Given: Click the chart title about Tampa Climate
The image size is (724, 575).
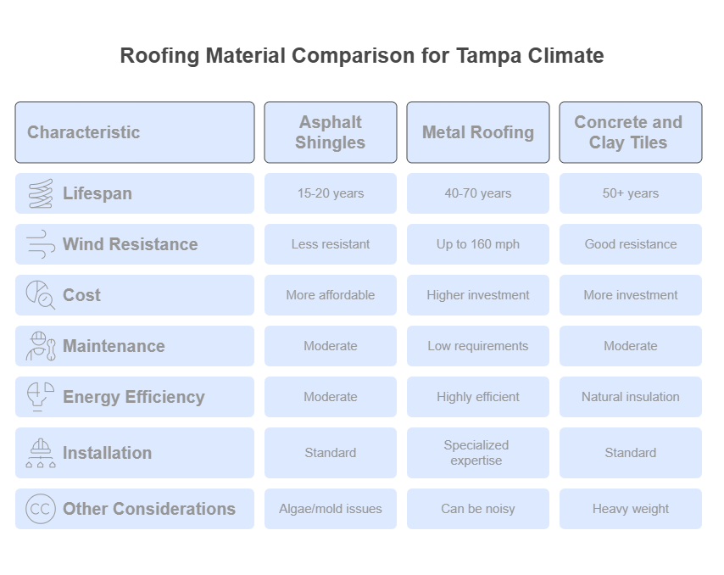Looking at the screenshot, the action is (362, 56).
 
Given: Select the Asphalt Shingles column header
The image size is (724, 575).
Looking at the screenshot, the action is (331, 132).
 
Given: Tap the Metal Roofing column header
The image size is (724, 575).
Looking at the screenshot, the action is (478, 132).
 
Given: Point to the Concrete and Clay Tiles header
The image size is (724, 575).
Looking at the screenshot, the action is (631, 132).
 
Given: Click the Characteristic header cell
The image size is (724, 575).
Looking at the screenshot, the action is (135, 132).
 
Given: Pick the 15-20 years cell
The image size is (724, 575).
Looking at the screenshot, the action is (331, 193).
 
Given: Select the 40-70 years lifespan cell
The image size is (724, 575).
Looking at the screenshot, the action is (478, 193).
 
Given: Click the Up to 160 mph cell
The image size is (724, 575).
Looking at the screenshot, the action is (478, 244).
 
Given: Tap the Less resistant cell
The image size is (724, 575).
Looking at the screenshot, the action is (331, 244).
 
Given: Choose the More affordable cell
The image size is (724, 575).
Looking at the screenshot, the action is (331, 295).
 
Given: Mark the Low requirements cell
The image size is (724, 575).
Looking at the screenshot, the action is (478, 346).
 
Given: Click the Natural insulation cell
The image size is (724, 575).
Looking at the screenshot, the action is (631, 397).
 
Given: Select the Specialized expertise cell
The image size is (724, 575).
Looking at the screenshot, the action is (478, 453).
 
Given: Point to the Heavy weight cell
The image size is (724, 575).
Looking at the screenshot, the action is (631, 509).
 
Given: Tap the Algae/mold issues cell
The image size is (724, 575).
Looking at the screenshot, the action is (331, 509).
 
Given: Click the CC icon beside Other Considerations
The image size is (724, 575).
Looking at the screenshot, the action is (40, 509).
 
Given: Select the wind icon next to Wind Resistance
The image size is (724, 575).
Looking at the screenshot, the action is (41, 244).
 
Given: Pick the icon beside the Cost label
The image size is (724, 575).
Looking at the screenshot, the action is (41, 294).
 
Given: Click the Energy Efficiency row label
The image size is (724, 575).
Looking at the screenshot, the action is (134, 397).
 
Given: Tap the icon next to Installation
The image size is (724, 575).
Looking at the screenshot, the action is (41, 453).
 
